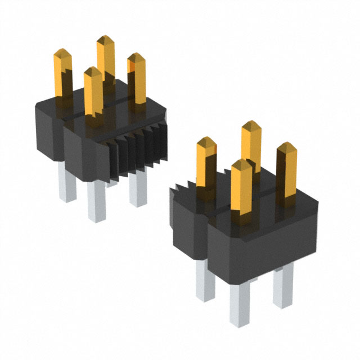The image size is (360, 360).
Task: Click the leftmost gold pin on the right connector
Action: [x=207, y=163]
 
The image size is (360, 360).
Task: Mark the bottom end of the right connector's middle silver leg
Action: [x=238, y=323]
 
